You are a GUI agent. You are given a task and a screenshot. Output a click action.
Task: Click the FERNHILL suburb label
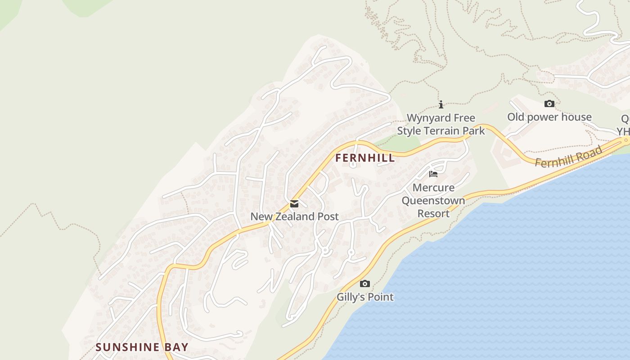(x=365, y=158)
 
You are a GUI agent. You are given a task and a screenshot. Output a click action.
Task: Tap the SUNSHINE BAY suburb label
(x=142, y=347)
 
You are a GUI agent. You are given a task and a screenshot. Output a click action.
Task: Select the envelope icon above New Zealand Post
(x=294, y=204)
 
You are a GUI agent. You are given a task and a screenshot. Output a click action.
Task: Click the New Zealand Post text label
(x=294, y=216)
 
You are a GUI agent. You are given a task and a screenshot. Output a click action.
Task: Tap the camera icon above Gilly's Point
(x=365, y=284)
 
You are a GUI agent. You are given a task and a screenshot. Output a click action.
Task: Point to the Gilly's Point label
(x=365, y=297)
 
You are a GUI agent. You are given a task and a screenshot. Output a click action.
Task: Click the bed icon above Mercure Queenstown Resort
(x=433, y=174)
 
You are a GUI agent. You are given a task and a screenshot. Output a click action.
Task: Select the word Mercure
(x=433, y=188)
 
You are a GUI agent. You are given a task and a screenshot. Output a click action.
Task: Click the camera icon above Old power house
(x=549, y=104)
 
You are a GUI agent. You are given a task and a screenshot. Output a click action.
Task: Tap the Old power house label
(x=549, y=117)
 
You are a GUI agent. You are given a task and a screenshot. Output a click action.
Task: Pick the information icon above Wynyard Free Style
(x=441, y=105)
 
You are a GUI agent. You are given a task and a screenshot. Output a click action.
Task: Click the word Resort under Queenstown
(x=433, y=213)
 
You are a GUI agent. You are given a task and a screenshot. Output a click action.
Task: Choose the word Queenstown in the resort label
(x=433, y=201)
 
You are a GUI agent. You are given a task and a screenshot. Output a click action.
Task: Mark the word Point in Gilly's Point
(x=381, y=297)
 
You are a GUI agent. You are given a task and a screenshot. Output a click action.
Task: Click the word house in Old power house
(x=576, y=117)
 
